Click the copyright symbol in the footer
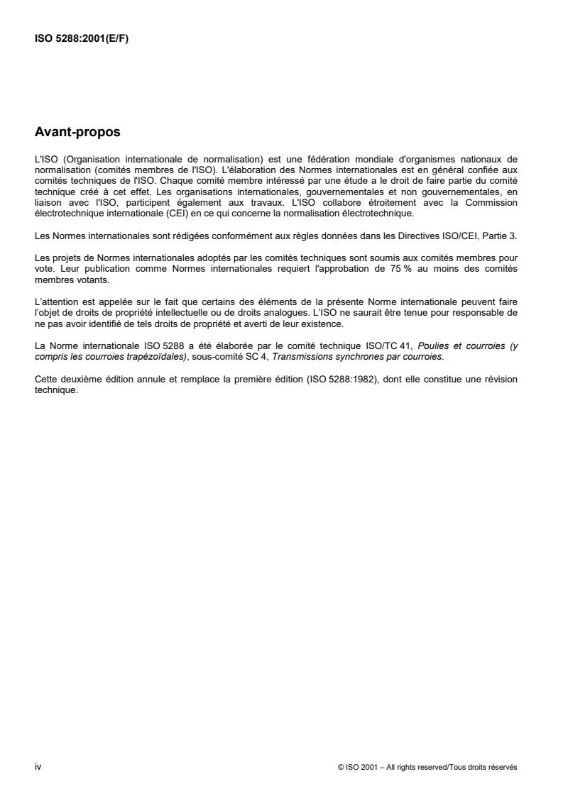(341, 767)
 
